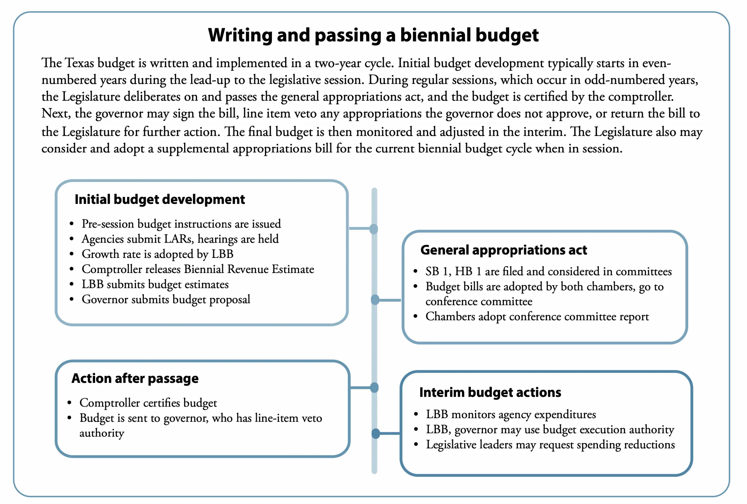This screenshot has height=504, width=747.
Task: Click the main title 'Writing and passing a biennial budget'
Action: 373,35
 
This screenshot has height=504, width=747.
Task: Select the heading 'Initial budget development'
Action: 160,199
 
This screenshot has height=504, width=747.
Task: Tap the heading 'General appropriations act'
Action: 504,250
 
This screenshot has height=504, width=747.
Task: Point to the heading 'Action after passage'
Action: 135,378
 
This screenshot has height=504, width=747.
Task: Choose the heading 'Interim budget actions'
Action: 490,393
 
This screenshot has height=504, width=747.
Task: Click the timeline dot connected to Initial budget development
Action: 374,229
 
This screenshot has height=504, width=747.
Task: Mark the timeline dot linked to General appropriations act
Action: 375,300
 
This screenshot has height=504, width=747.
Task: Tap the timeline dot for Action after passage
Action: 374,388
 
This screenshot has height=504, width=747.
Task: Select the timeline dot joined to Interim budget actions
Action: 376,434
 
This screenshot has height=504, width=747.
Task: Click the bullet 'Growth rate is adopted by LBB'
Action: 158,254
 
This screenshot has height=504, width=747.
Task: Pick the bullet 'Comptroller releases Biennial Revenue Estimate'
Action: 198,269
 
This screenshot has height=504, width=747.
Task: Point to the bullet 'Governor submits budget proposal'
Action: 166,299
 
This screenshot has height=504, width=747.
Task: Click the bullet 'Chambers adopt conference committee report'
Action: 537,317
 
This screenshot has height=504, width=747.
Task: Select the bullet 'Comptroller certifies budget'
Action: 148,403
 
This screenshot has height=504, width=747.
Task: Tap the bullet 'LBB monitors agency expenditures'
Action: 511,414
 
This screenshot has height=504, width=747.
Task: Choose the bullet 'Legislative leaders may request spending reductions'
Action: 550,444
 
